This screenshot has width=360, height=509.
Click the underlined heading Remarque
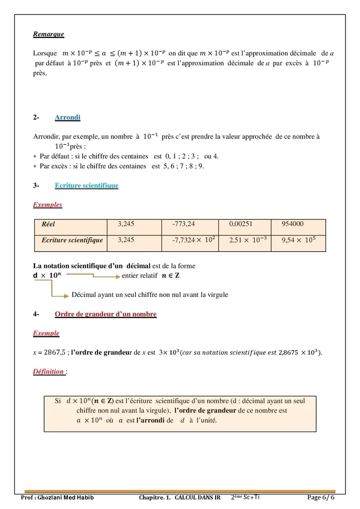click(x=48, y=34)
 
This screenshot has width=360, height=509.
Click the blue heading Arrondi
click(x=67, y=117)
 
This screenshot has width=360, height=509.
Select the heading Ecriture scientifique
click(x=86, y=185)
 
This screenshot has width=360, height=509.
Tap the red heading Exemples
click(x=47, y=204)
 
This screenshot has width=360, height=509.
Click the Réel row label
click(x=48, y=225)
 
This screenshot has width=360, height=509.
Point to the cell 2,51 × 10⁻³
click(x=247, y=240)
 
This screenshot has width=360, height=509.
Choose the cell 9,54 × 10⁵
click(x=298, y=240)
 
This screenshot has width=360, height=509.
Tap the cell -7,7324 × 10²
click(x=193, y=240)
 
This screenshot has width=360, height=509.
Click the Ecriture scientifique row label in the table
click(x=72, y=240)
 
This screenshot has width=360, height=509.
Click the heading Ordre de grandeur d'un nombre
click(x=105, y=314)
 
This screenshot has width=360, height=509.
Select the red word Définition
click(x=48, y=371)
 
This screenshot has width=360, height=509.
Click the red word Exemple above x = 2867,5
click(x=46, y=333)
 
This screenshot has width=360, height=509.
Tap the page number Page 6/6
click(x=320, y=498)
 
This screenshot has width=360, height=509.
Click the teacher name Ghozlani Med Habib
click(x=69, y=498)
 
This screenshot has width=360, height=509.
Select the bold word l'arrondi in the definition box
click(x=151, y=420)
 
